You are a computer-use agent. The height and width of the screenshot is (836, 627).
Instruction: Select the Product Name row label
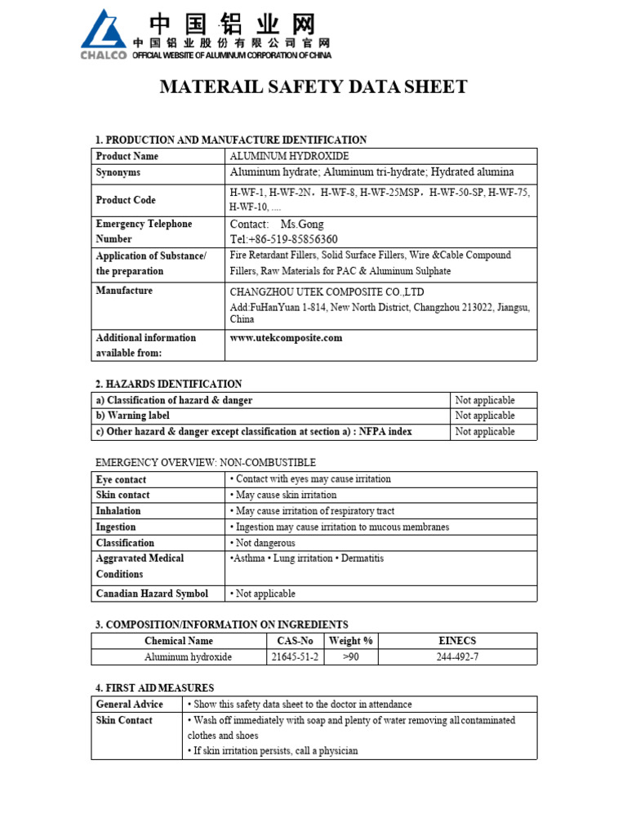coord(127,156)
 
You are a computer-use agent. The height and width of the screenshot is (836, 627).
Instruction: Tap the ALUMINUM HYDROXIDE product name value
coord(289,156)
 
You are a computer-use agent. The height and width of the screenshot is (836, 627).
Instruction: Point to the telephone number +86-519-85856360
coord(284,239)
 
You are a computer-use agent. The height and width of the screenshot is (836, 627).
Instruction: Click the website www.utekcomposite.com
coord(286,338)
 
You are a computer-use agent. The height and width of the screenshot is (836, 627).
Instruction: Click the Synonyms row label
coord(118,172)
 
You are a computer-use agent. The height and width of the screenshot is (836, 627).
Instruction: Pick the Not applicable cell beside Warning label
coord(485,416)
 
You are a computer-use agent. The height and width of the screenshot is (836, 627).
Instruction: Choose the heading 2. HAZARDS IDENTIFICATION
coord(169,384)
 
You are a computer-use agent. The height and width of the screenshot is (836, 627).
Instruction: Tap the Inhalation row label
coord(118,511)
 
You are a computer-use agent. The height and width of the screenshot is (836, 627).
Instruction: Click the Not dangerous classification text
coord(265,543)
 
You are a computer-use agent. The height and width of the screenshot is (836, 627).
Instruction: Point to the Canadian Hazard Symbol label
coord(152,594)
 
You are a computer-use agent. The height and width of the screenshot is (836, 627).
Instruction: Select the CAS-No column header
coord(294,641)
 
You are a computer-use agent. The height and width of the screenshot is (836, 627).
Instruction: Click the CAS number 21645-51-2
coord(294,657)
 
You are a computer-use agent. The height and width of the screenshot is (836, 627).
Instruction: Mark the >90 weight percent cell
coord(351,657)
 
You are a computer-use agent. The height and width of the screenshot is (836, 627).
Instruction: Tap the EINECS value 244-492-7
coord(457,657)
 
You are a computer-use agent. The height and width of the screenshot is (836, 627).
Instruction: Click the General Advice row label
coord(130,704)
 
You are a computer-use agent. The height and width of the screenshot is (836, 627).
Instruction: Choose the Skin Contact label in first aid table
coord(124,720)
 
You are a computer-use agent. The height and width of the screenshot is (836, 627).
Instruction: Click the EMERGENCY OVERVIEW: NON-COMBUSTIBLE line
coord(206,463)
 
